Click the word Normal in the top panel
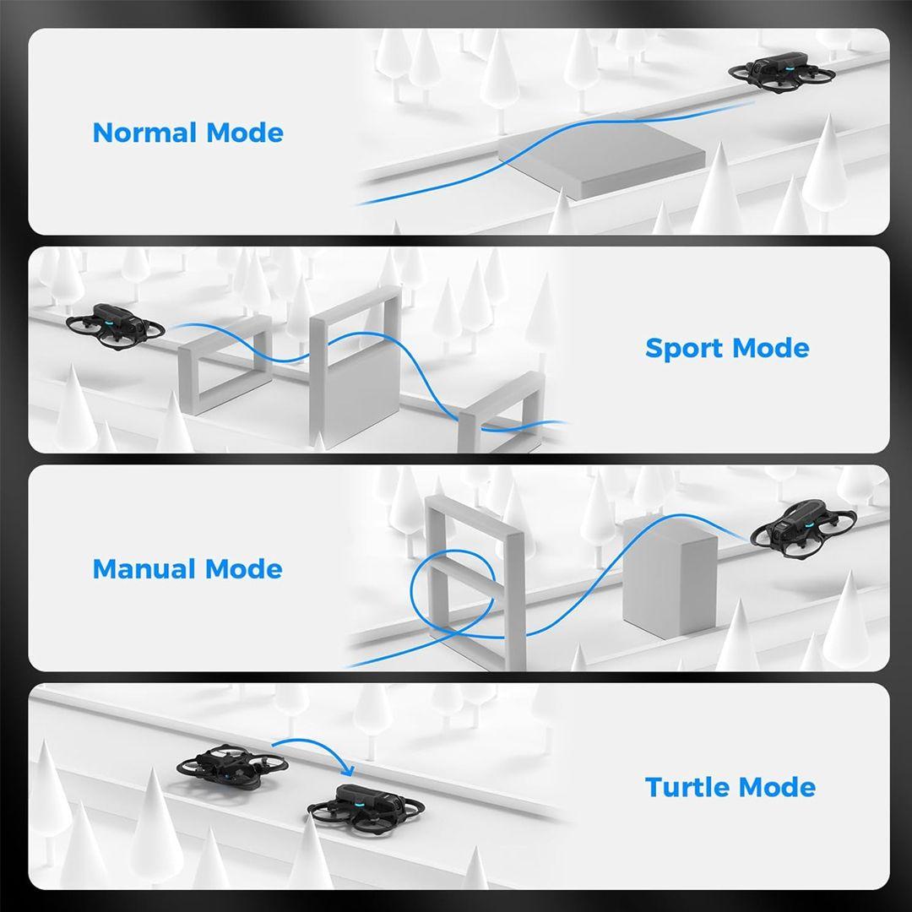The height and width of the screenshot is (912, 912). (x=144, y=133)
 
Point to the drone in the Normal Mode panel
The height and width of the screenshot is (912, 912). (x=782, y=73)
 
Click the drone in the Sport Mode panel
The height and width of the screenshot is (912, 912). (x=116, y=324)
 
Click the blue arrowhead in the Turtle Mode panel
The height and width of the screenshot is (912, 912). (x=348, y=770)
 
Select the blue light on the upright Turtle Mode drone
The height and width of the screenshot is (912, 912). (x=359, y=801)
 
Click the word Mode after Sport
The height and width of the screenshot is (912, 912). (x=771, y=349)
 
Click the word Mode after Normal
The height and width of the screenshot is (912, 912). (x=245, y=133)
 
